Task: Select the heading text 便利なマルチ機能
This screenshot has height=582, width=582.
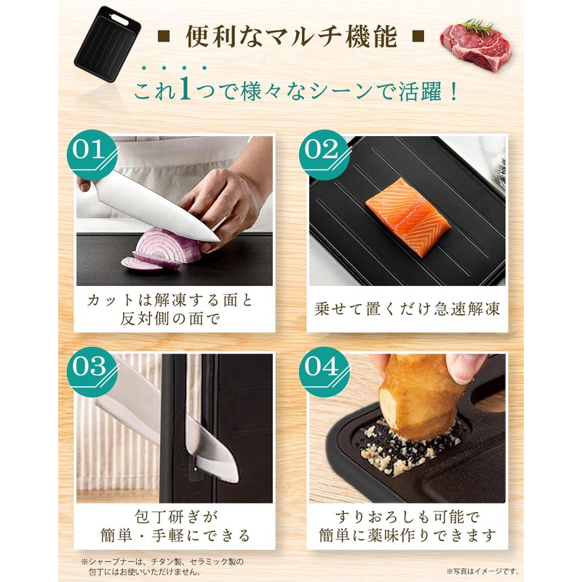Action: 291,36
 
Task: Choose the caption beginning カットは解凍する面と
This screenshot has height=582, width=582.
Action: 175,308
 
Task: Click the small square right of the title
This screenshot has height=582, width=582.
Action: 418,36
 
